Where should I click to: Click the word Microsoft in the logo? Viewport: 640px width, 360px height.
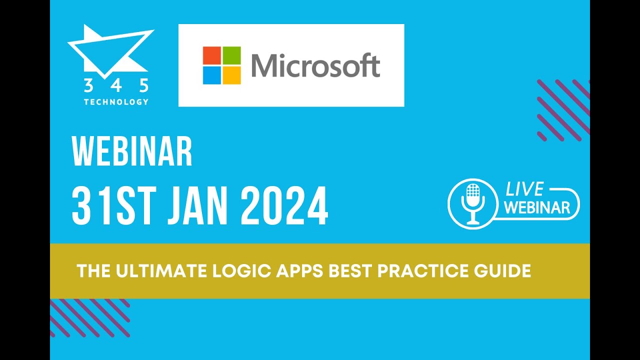pyautogui.click(x=315, y=66)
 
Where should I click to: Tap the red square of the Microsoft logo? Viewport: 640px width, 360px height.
pyautogui.click(x=212, y=55)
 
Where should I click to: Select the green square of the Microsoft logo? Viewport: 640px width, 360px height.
pyautogui.click(x=231, y=55)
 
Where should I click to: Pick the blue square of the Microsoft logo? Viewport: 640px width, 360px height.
pyautogui.click(x=212, y=75)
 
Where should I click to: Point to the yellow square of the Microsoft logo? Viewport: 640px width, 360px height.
pyautogui.click(x=231, y=75)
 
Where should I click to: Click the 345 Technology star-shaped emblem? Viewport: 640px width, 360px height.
pyautogui.click(x=109, y=50)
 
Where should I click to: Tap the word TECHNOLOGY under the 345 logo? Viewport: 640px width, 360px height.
pyautogui.click(x=116, y=102)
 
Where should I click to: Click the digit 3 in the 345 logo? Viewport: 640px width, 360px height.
pyautogui.click(x=88, y=86)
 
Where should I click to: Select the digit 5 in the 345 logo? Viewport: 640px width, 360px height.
pyautogui.click(x=144, y=86)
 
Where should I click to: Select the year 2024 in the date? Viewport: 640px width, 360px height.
pyautogui.click(x=284, y=205)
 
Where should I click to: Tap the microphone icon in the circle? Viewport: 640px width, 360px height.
pyautogui.click(x=472, y=203)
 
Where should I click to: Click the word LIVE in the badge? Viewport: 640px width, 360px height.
pyautogui.click(x=524, y=189)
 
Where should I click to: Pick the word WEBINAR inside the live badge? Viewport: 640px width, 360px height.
pyautogui.click(x=537, y=207)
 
